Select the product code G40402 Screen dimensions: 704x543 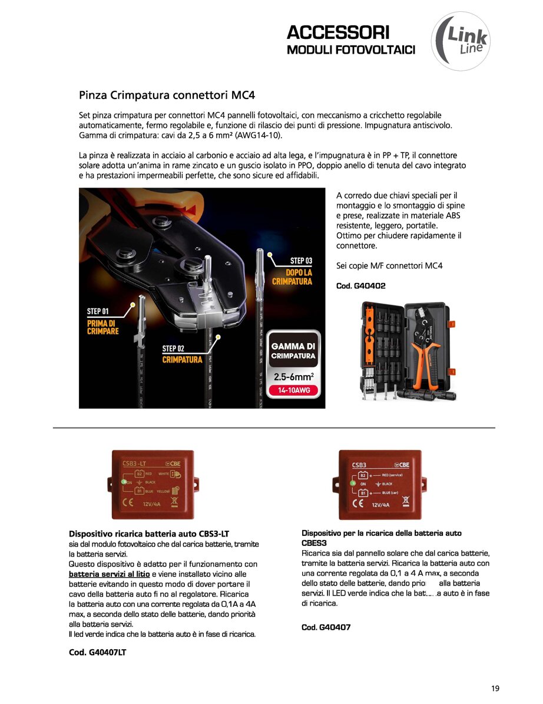[x=360, y=286]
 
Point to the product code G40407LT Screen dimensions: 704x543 [x=97, y=652]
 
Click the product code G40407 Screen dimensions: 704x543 [x=326, y=627]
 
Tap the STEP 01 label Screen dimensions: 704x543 [x=98, y=311]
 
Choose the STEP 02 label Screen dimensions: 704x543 [x=173, y=348]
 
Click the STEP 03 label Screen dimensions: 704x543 [x=301, y=261]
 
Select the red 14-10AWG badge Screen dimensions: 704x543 [x=293, y=390]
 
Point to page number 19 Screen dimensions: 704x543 [x=495, y=688]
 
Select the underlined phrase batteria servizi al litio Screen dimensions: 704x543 [x=110, y=574]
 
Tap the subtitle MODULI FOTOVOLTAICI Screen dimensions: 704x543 [x=351, y=50]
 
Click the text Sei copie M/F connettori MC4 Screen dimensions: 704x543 [x=389, y=265]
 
